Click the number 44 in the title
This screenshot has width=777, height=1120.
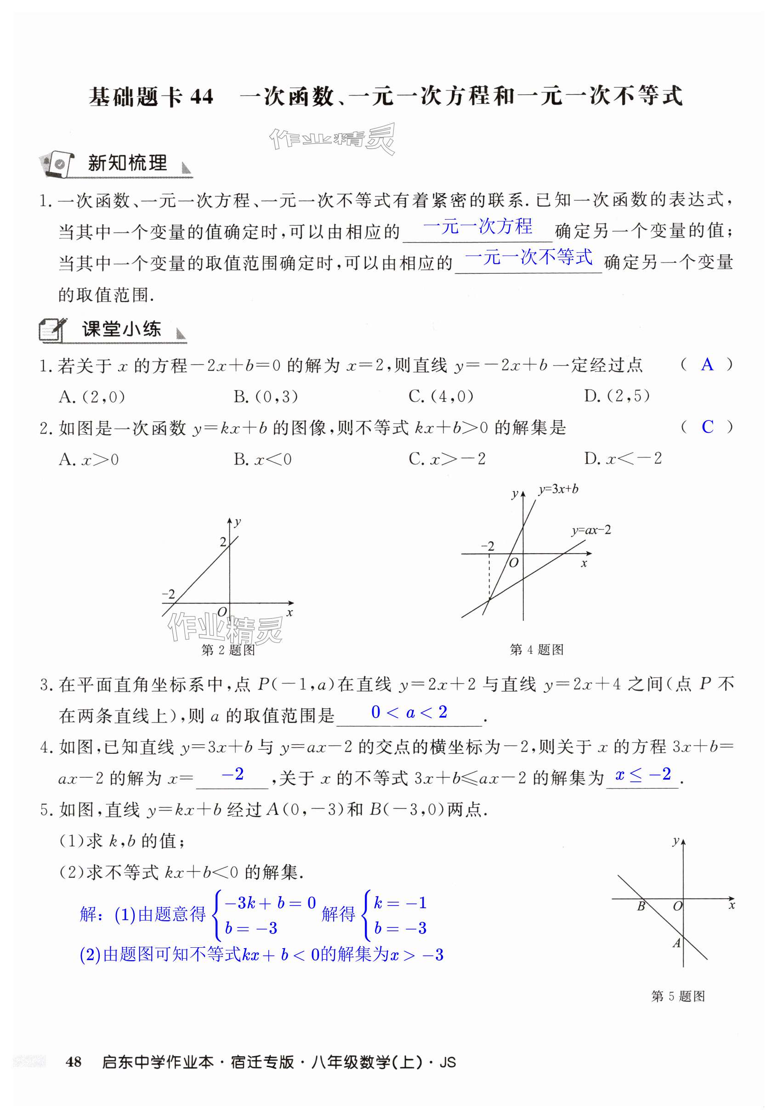(202, 97)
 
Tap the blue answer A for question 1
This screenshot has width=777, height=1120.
(707, 365)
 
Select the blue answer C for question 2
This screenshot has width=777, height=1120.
(707, 427)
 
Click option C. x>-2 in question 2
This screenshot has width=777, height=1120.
(447, 458)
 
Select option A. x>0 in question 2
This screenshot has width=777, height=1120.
(89, 459)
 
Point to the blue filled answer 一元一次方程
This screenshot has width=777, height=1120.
(477, 226)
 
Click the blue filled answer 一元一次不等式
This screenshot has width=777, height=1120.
(529, 257)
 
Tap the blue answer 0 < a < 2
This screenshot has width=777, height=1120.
(409, 712)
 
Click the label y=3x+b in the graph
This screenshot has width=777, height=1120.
(558, 489)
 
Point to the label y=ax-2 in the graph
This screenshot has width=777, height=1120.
(591, 530)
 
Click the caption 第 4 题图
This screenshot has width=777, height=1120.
(537, 649)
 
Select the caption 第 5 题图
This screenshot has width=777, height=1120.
(678, 996)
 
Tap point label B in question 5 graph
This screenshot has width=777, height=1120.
(641, 906)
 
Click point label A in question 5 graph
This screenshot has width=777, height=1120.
(676, 943)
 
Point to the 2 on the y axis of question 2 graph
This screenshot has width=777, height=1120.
(223, 542)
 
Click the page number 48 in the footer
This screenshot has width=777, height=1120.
(74, 1062)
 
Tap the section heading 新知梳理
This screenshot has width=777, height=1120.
(128, 163)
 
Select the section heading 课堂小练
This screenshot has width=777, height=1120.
(122, 329)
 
